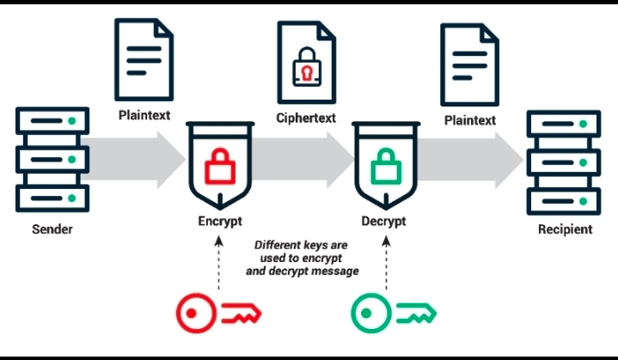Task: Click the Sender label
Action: point(53,229)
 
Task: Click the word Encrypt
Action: point(219,222)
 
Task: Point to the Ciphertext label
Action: point(305,116)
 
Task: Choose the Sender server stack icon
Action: point(53,160)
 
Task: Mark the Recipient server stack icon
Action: point(564,161)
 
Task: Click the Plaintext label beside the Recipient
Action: point(469,120)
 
